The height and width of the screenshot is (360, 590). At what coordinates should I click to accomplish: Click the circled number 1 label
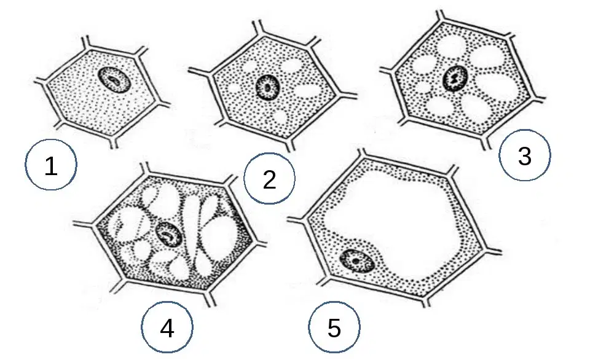[x=51, y=165]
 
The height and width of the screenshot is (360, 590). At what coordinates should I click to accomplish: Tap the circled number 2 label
[x=269, y=178]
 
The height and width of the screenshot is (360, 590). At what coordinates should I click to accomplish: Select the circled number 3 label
[x=524, y=155]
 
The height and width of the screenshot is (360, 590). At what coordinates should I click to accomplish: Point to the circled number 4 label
[x=167, y=327]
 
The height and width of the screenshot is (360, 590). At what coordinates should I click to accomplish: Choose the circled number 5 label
[x=334, y=327]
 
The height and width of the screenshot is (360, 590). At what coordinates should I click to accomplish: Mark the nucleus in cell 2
[x=267, y=88]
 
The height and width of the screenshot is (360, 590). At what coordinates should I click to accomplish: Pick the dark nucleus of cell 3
[x=455, y=78]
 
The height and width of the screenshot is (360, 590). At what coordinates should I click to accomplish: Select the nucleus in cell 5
[x=356, y=260]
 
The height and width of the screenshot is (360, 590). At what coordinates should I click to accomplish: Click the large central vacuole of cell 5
[x=391, y=222]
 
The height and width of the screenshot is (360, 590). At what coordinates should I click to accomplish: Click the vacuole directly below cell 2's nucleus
[x=280, y=117]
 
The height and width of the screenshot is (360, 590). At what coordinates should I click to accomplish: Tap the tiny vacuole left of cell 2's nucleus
[x=234, y=89]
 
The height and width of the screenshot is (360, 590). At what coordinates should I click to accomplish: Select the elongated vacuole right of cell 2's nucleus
[x=312, y=92]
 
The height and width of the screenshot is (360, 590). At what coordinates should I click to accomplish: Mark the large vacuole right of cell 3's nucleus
[x=497, y=86]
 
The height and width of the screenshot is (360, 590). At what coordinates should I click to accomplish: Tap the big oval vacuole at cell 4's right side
[x=218, y=241]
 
